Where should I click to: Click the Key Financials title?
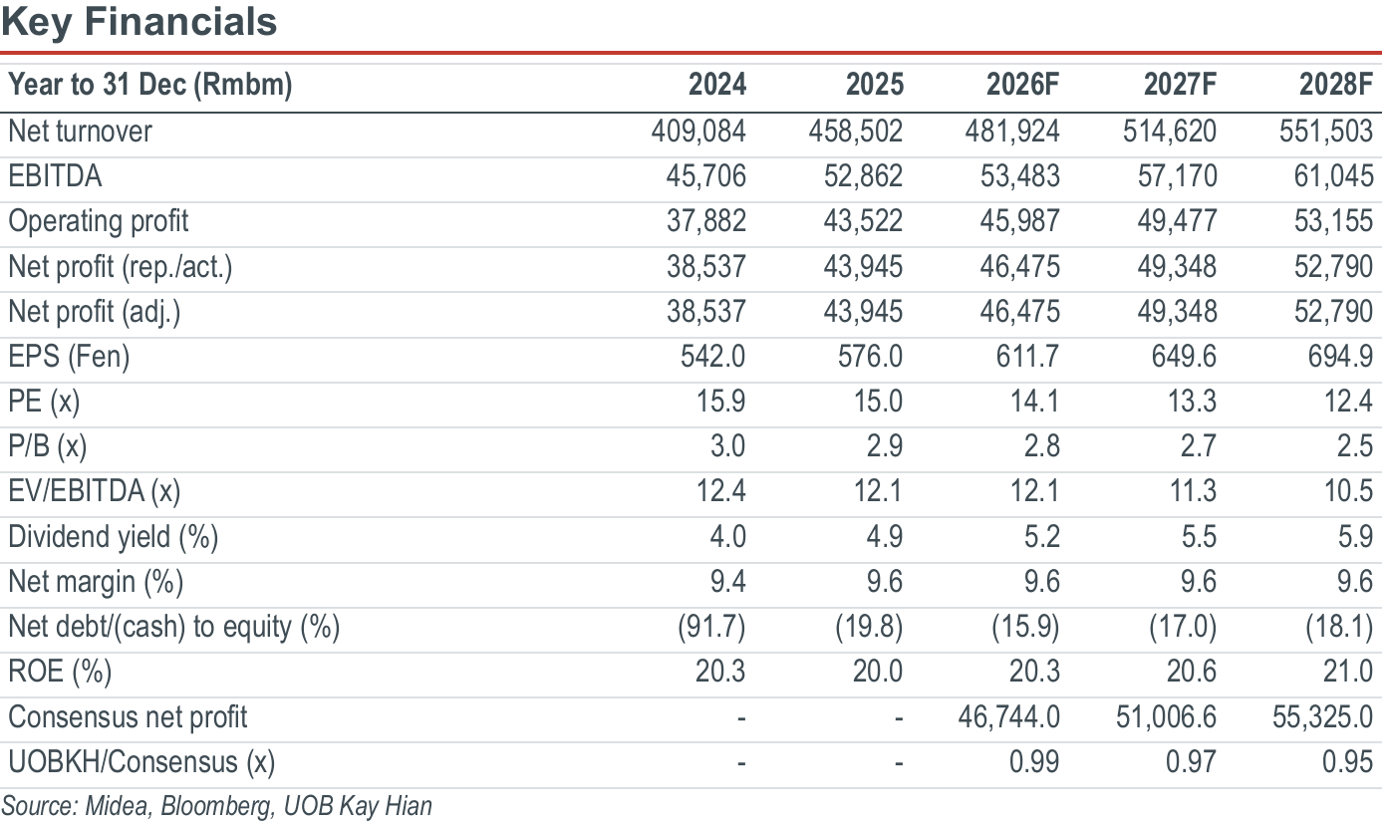[x=139, y=23]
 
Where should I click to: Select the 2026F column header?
[x=1022, y=84]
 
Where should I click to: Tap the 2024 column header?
[x=717, y=84]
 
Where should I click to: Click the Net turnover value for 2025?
[x=856, y=132]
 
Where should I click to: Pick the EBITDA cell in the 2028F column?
[x=1333, y=176]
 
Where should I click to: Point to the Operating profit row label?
[x=99, y=221]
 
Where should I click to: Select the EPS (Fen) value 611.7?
[x=1027, y=357]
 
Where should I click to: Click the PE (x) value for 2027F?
[x=1192, y=402]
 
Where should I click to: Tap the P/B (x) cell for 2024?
[x=727, y=446]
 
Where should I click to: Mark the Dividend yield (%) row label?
[x=114, y=537]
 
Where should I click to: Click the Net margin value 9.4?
[x=727, y=582]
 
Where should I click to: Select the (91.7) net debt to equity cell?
[x=711, y=627]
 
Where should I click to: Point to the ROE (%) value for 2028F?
[x=1349, y=672]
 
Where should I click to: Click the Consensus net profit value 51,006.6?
[x=1167, y=717]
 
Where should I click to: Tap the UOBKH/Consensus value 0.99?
[x=1034, y=762]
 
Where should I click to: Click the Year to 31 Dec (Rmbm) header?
[x=150, y=85]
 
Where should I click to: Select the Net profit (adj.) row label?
[x=95, y=312]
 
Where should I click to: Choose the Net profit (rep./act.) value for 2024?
[x=706, y=267]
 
